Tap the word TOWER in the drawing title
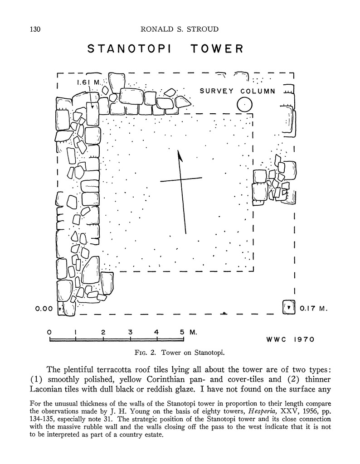[216, 48]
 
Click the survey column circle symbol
[244, 105]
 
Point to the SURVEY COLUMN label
[238, 91]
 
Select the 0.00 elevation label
[44, 309]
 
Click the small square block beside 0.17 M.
[287, 307]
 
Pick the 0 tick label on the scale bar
[49, 332]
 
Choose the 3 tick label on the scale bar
[130, 332]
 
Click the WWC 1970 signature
[290, 339]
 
